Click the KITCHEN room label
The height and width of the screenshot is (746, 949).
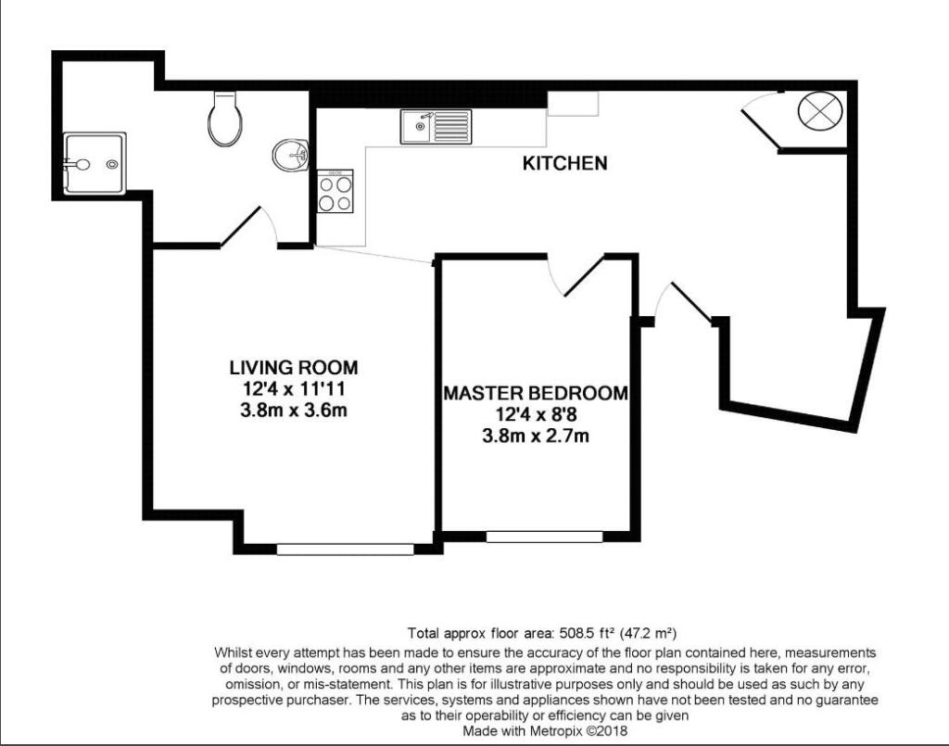click(565, 164)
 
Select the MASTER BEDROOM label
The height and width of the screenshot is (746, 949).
click(535, 393)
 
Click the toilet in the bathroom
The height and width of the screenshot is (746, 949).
click(225, 119)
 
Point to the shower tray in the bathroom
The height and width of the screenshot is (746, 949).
click(94, 164)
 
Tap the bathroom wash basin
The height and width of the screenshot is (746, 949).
click(290, 156)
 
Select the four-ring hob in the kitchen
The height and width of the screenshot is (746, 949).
click(335, 192)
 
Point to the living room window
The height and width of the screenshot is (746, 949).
click(345, 549)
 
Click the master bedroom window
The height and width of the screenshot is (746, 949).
click(544, 536)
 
